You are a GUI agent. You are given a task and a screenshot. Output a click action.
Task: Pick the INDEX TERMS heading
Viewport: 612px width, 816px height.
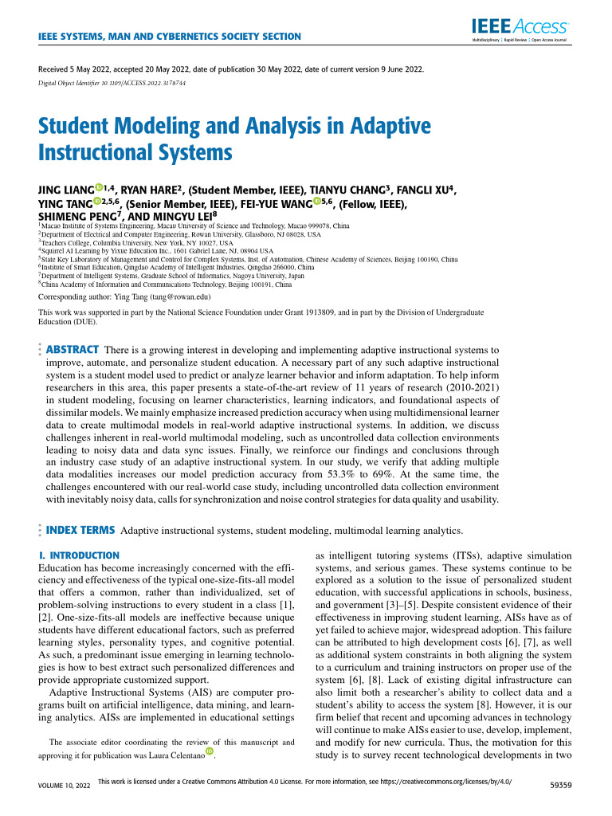[81, 530]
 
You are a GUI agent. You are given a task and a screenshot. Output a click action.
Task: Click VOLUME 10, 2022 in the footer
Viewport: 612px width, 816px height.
[61, 785]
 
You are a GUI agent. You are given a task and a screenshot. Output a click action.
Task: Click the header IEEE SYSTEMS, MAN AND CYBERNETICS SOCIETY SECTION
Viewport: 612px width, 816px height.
[170, 37]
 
